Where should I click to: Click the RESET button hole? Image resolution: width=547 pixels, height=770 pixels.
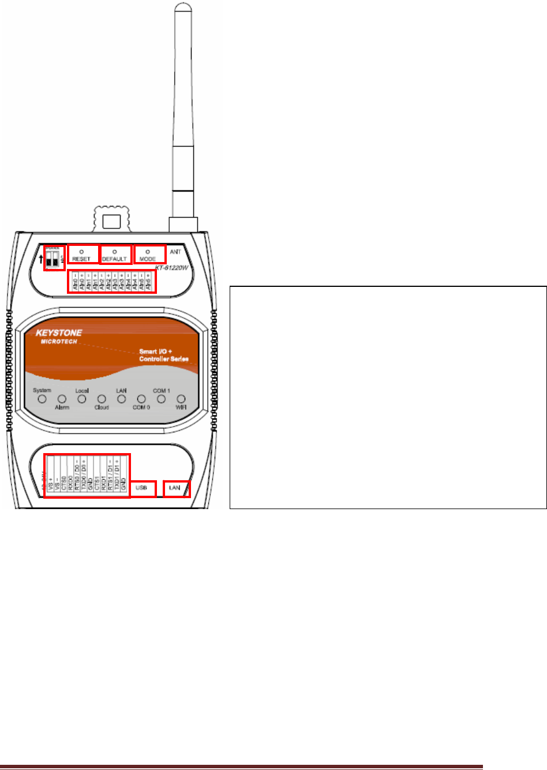click(81, 252)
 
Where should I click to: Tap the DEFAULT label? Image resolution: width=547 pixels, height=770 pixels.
click(114, 259)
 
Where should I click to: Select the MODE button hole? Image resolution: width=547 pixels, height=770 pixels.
click(148, 252)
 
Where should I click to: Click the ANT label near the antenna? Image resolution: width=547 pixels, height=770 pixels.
click(175, 252)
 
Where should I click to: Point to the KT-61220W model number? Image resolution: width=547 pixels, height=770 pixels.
click(172, 268)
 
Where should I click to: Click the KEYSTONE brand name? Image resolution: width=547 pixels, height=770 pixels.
click(59, 333)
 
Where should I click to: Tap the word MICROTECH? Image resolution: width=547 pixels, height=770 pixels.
click(59, 342)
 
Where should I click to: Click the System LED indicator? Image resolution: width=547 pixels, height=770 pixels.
click(42, 399)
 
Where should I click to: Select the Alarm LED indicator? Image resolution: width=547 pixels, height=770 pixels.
click(62, 399)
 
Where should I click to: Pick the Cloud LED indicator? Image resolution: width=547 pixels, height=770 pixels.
click(102, 399)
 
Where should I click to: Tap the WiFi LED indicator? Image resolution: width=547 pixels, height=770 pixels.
click(181, 399)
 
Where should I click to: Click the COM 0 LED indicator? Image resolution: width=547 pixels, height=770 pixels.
click(141, 399)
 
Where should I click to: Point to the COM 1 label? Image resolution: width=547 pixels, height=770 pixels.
click(161, 391)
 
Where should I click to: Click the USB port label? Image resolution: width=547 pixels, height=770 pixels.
click(141, 488)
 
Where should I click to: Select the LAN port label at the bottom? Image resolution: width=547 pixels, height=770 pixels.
click(174, 488)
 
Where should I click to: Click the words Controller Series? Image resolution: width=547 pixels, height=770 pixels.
click(163, 359)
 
